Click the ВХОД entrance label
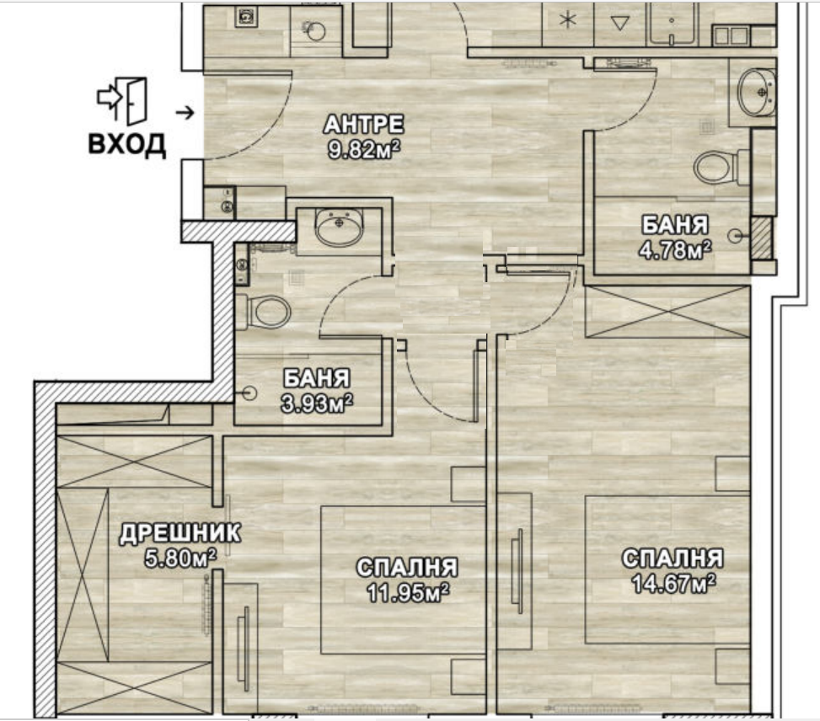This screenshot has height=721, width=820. [126, 144]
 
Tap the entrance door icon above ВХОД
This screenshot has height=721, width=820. [122, 101]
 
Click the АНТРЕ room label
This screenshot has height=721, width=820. [363, 125]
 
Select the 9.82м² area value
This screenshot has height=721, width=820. [363, 150]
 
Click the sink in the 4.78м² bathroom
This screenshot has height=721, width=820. [756, 93]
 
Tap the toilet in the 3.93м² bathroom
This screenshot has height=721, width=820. [263, 312]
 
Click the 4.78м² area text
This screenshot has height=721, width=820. [674, 250]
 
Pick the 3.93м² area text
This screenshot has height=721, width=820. [317, 403]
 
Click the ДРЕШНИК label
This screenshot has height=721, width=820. [180, 534]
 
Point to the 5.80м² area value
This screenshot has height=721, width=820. [180, 558]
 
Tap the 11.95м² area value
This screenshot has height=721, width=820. [408, 592]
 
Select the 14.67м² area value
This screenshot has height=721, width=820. [673, 584]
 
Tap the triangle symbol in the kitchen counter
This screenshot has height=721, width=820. [620, 22]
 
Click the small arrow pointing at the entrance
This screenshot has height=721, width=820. [185, 112]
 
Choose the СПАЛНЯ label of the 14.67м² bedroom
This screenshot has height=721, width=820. [673, 558]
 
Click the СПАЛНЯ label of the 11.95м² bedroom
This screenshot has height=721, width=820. [407, 568]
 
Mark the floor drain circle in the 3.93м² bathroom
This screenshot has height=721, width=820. [250, 393]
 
